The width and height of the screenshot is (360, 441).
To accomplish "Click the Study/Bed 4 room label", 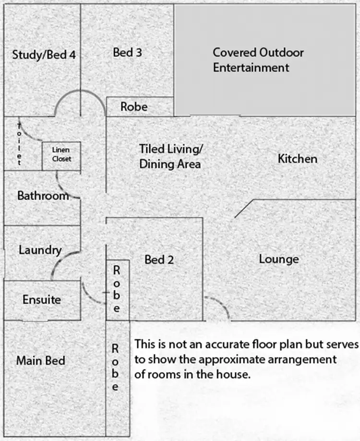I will coord(44,54).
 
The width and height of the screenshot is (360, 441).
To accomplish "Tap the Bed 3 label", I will coord(127,52).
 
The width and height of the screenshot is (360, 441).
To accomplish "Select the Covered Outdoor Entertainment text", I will coord(258,60).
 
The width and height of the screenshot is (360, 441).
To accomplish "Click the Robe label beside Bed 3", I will coord(134,107).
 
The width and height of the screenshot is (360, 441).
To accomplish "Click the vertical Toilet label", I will coord(20,144).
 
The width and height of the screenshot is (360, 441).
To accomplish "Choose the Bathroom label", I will coord(43,196).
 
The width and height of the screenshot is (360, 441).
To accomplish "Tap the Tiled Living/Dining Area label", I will coord(171,156).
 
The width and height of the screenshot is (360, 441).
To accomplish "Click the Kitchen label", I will coord(298,158).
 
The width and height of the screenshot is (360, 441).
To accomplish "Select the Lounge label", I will coord(279,260).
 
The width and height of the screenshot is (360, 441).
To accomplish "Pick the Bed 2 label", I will coord(159,260).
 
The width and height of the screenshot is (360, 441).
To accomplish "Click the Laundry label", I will coord(40,250).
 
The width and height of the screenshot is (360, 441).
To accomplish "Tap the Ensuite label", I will coord(42,300).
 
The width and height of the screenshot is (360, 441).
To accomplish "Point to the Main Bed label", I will coord(41,360).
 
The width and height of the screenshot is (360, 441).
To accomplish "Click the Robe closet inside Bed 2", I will coord(118,289).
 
